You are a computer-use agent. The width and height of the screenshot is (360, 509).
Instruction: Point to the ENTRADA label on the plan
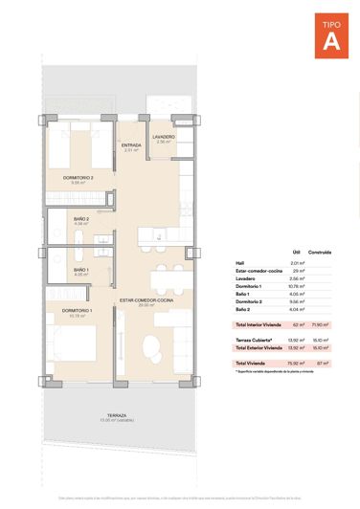[131, 145]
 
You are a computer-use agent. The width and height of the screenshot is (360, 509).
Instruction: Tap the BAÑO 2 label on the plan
[81, 219]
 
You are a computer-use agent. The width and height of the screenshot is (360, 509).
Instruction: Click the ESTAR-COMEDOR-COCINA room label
[146, 300]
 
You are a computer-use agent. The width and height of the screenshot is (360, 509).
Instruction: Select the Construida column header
[321, 253]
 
